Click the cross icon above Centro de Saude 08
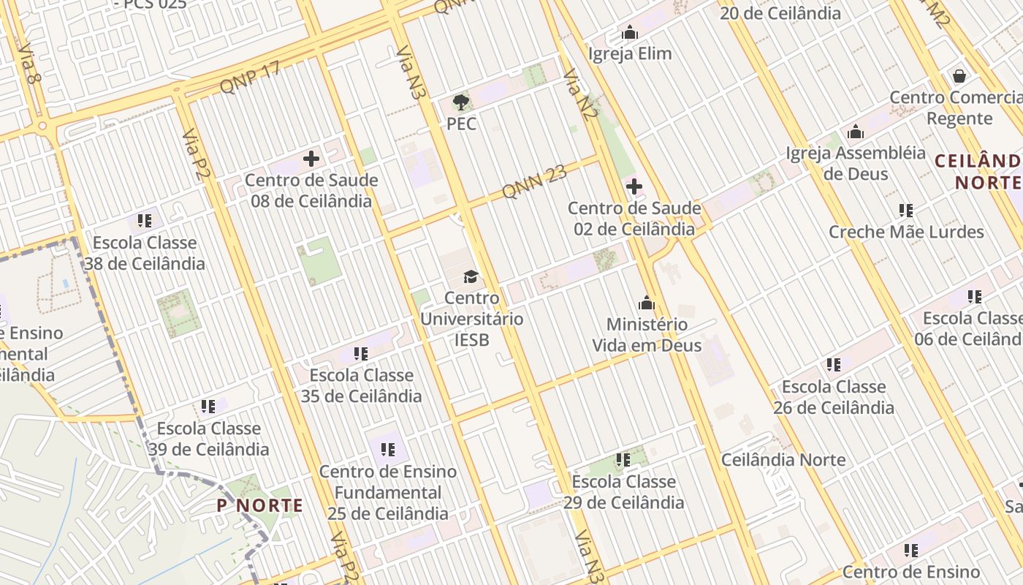point(311,159)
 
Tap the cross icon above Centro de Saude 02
point(634,186)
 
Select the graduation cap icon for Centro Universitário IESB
point(471,276)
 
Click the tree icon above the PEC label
point(460,102)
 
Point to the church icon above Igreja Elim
point(629,33)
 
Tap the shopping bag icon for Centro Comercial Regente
point(959,76)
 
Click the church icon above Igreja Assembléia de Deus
point(856,132)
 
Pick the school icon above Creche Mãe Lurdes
point(906,211)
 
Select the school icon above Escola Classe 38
point(144,221)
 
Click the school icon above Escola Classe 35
point(361,354)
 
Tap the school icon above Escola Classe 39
point(208,407)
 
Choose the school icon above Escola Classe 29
point(623,460)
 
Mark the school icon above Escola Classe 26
point(834,365)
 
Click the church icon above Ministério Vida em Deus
point(647,303)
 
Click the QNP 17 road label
point(250,78)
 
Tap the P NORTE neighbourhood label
point(260,505)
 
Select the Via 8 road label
point(28,63)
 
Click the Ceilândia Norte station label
point(783,460)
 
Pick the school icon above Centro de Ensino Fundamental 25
point(388,449)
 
